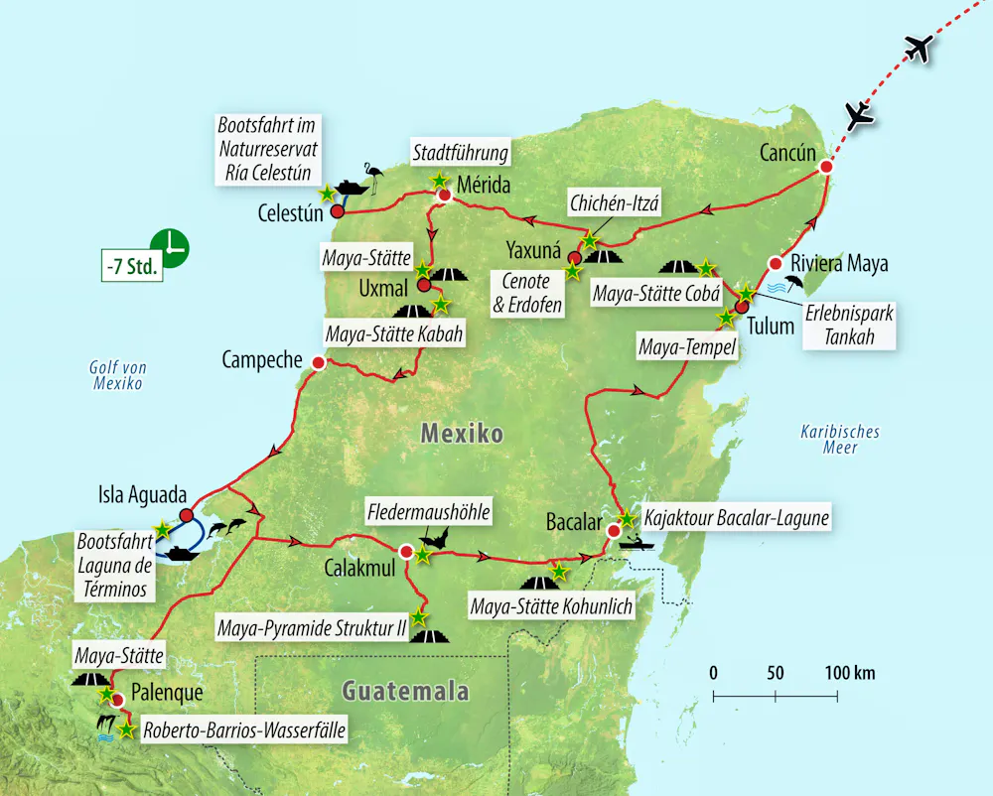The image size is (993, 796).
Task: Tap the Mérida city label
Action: click(x=484, y=185)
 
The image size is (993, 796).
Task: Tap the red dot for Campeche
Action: click(x=318, y=363)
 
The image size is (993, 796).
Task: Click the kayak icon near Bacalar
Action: click(x=636, y=542)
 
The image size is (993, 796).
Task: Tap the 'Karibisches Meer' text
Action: click(x=839, y=440)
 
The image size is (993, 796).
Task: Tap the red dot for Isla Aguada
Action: click(x=186, y=514)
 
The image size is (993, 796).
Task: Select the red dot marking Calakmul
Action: click(x=405, y=551)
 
